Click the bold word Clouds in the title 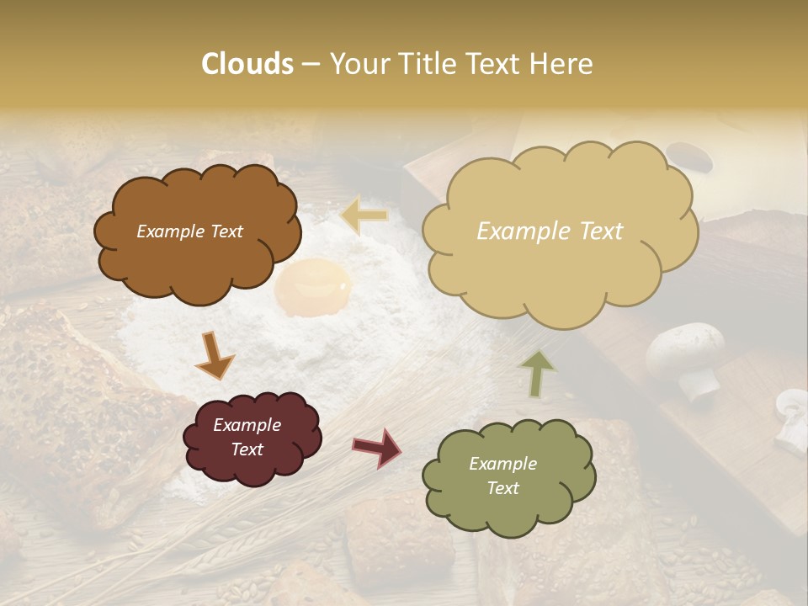pyautogui.click(x=247, y=64)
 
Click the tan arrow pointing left pyautogui.click(x=365, y=216)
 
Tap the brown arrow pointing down pyautogui.click(x=215, y=356)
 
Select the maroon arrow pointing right pyautogui.click(x=377, y=447)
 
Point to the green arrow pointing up pyautogui.click(x=537, y=373)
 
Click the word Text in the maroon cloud pyautogui.click(x=247, y=449)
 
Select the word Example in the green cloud pyautogui.click(x=502, y=464)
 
